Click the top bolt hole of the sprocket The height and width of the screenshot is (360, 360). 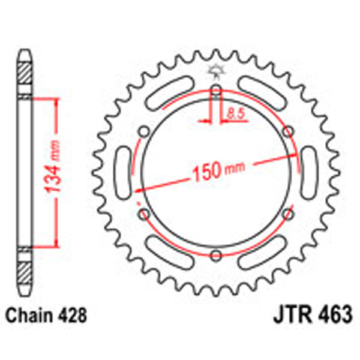click(216, 91)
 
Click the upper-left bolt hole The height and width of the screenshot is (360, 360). click(144, 132)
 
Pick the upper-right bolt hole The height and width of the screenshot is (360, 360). click(288, 132)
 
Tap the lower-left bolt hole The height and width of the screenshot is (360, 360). click(144, 214)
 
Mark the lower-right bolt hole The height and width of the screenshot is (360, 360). click(288, 214)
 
